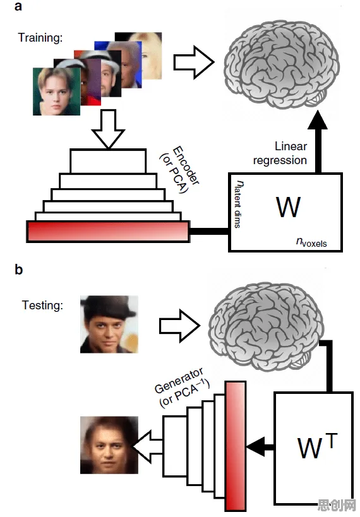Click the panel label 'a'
point(18,6)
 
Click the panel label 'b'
point(19,269)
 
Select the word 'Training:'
point(40,38)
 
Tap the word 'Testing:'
point(42,305)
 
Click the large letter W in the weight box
point(288,207)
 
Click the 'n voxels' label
point(311,242)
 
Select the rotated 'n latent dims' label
point(238,204)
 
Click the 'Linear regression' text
point(280,153)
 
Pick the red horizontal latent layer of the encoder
point(108,232)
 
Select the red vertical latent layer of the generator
point(236,446)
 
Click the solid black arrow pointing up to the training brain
point(318,142)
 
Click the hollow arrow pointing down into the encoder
point(108,129)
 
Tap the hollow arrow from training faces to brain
point(194,62)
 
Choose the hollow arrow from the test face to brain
point(179,326)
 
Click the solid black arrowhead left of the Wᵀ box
point(256,447)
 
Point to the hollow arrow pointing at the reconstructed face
point(147,446)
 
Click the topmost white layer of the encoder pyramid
point(108,161)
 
